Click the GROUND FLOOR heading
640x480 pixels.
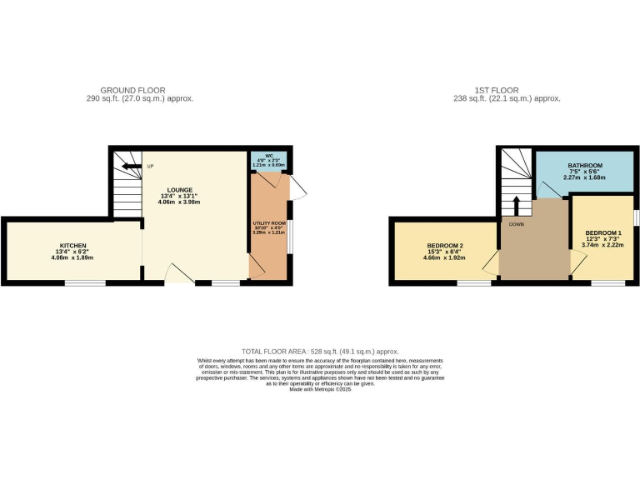132,90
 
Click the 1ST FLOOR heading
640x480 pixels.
499,90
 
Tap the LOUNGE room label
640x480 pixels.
179,190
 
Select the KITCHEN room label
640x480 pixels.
72,246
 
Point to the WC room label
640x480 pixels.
268,156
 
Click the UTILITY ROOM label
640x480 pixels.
268,224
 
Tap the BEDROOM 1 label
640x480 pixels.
602,232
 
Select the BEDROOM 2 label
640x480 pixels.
444,246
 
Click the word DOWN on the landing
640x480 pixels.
516,224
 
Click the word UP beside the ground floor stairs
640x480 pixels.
150,166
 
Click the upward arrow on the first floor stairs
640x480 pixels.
516,204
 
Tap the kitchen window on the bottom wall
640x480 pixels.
85,283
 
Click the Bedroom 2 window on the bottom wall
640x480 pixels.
473,283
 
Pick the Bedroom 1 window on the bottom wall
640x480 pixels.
608,283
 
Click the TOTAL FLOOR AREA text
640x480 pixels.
320,352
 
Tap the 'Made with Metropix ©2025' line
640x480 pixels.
320,389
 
